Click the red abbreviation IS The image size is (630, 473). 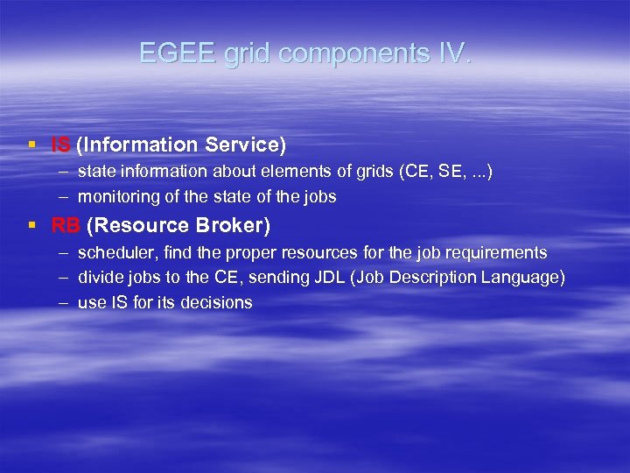[61, 145]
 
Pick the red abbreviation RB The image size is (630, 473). [65, 226]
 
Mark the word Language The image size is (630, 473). [526, 279]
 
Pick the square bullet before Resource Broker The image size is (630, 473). [31, 226]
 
